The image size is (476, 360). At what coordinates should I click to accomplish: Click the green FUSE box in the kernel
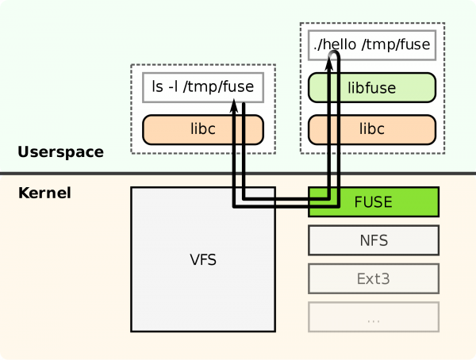[x=373, y=201]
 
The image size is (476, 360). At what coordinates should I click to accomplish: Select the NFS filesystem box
[x=373, y=239]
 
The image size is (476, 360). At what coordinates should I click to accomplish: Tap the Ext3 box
[x=373, y=279]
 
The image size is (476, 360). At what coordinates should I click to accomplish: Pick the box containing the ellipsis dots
[x=373, y=318]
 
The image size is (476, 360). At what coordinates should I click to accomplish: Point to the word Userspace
[x=60, y=152]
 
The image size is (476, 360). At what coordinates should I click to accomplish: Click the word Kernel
[x=44, y=193]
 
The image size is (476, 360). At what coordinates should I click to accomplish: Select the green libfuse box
[x=372, y=87]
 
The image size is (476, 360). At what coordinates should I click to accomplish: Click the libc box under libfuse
[x=372, y=128]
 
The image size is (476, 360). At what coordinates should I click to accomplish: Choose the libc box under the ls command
[x=202, y=128]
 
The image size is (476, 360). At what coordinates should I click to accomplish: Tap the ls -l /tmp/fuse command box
[x=202, y=86]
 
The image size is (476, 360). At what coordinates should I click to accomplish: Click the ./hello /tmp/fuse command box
[x=372, y=45]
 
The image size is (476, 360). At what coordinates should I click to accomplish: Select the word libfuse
[x=372, y=87]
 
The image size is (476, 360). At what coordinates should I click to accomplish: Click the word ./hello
[x=334, y=45]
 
